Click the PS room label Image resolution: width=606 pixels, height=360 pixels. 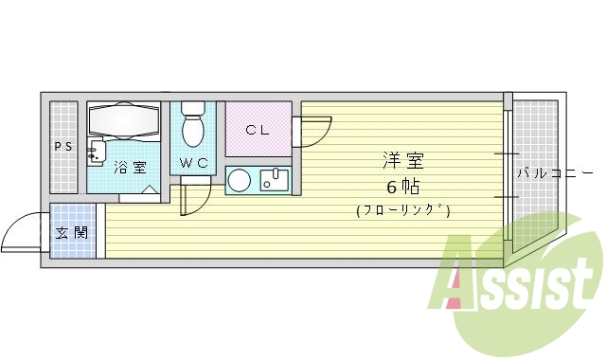(62, 146)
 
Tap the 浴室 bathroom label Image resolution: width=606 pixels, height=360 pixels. (131, 168)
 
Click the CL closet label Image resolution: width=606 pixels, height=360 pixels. (257, 130)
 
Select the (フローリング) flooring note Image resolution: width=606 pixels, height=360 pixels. (403, 210)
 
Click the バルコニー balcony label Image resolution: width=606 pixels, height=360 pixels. (553, 173)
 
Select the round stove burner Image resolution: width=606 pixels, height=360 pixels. (240, 180)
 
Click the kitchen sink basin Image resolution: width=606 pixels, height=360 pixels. (277, 180)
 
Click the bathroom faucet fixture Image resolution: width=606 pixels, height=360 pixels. (95, 152)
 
